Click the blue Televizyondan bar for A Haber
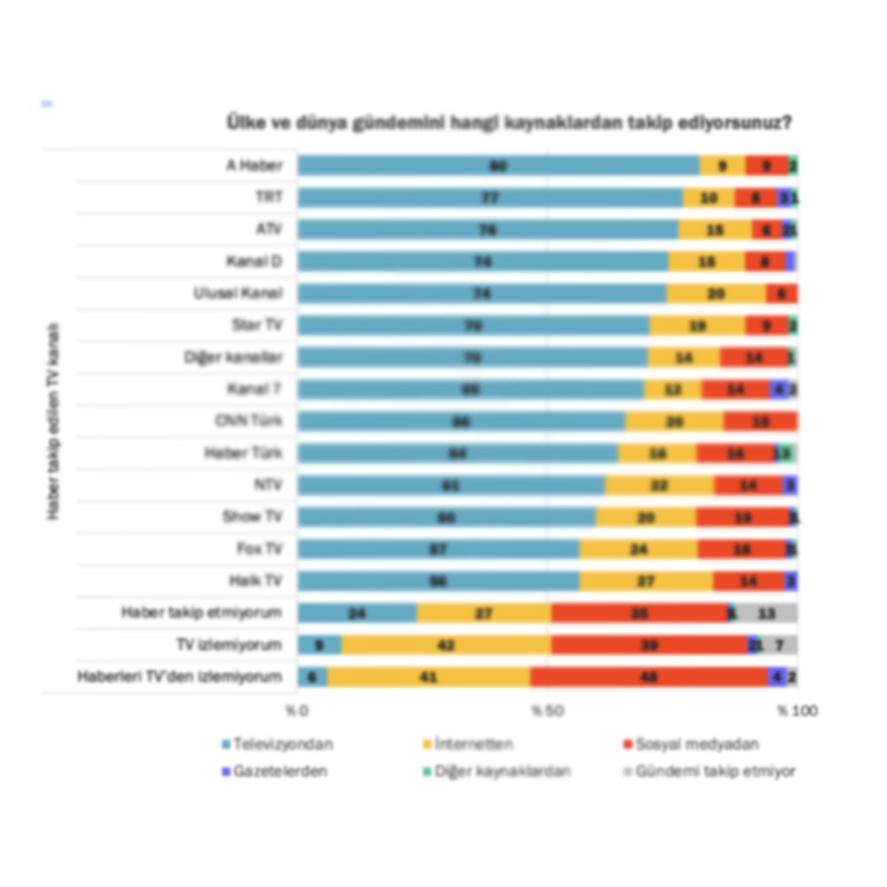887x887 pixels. coord(498,166)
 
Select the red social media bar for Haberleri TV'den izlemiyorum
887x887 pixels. coord(648,677)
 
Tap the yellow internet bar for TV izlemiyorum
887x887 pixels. coord(446,645)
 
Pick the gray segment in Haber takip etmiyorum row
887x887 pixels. coord(767,613)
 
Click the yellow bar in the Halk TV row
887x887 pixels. coord(646,581)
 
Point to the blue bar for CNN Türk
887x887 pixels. coord(461,421)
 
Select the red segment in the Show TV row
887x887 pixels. coord(742,517)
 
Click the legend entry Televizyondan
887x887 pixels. coord(276,745)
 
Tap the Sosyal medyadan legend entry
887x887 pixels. coord(697,745)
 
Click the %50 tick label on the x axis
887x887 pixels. coord(547,711)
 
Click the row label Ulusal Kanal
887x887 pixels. coord(238,294)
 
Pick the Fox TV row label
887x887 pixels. coord(259,549)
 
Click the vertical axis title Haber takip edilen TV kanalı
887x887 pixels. coord(53,421)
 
